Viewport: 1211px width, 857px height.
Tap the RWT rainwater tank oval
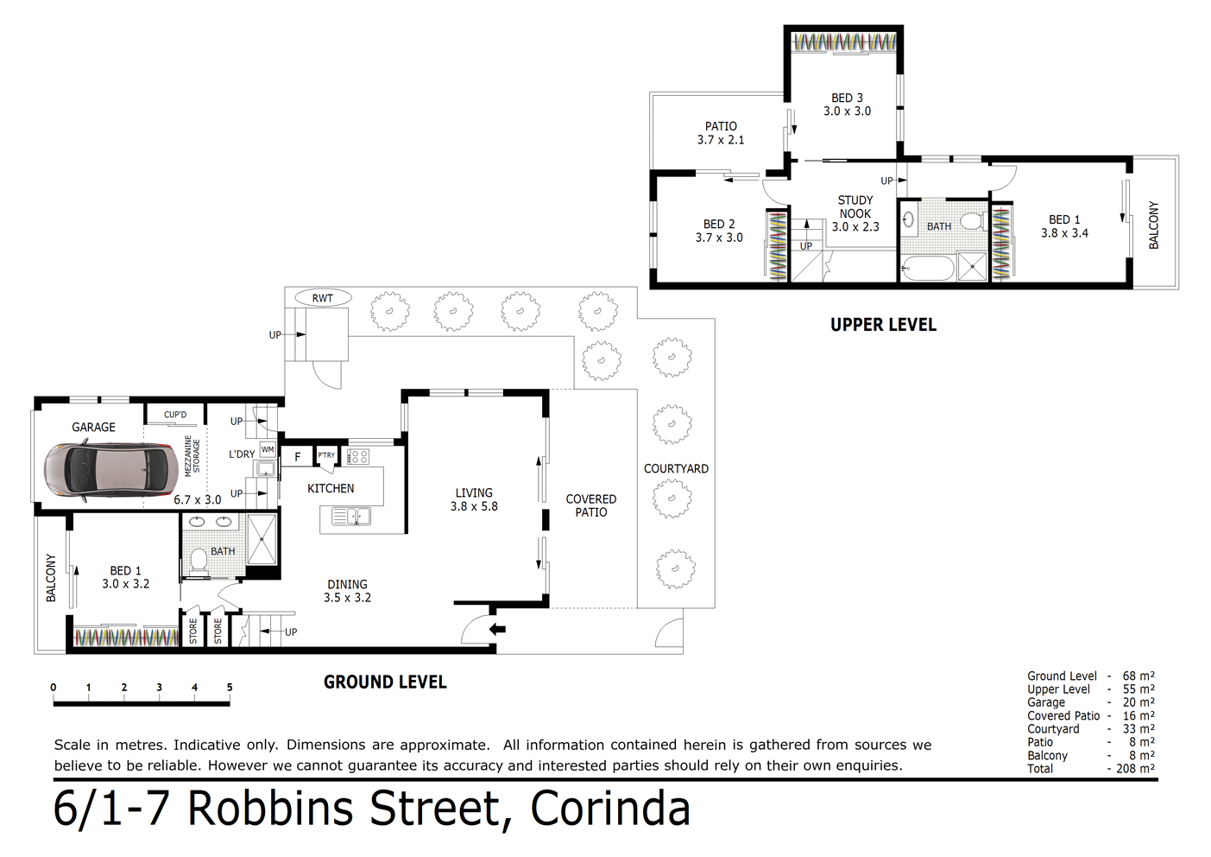(322, 298)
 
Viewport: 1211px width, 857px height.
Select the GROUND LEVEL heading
(385, 682)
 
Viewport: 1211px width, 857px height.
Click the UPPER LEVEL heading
(883, 325)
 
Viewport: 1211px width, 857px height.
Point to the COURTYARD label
(676, 468)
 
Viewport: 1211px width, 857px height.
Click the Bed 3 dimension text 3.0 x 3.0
(847, 111)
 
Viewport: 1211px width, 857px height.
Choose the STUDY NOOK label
(855, 206)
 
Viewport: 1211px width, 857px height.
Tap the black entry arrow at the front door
(497, 629)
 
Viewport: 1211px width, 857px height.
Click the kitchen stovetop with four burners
(358, 456)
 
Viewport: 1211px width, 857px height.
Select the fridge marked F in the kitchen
(298, 457)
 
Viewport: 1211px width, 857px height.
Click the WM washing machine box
(268, 449)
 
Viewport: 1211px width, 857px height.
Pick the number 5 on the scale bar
(230, 688)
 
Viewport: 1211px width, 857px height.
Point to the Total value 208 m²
(1138, 768)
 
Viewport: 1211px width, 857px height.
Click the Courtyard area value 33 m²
(1138, 729)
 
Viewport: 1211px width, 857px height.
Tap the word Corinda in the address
(609, 809)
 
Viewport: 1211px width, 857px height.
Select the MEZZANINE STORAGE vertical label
(192, 455)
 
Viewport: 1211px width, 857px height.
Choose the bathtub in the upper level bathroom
(927, 268)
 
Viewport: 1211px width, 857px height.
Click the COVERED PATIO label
(591, 505)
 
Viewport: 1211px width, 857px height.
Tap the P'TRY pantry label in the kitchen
(326, 455)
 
